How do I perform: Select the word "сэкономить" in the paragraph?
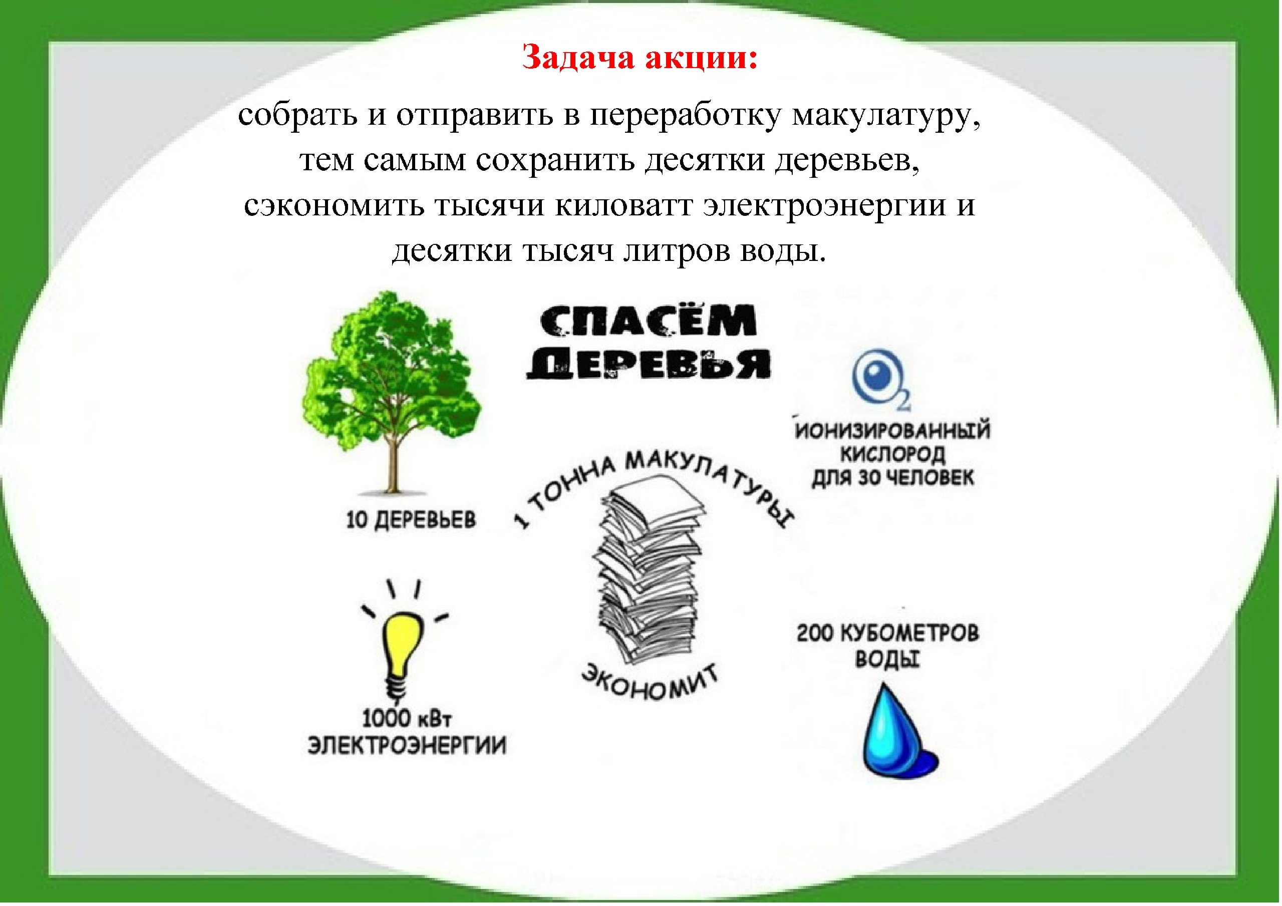(x=333, y=205)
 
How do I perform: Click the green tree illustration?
(x=391, y=391)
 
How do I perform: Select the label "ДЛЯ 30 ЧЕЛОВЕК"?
(x=892, y=478)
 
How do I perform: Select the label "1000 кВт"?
(x=406, y=718)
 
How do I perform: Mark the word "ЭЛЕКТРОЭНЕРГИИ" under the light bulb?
(x=407, y=746)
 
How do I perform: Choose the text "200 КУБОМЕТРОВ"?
(x=888, y=634)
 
